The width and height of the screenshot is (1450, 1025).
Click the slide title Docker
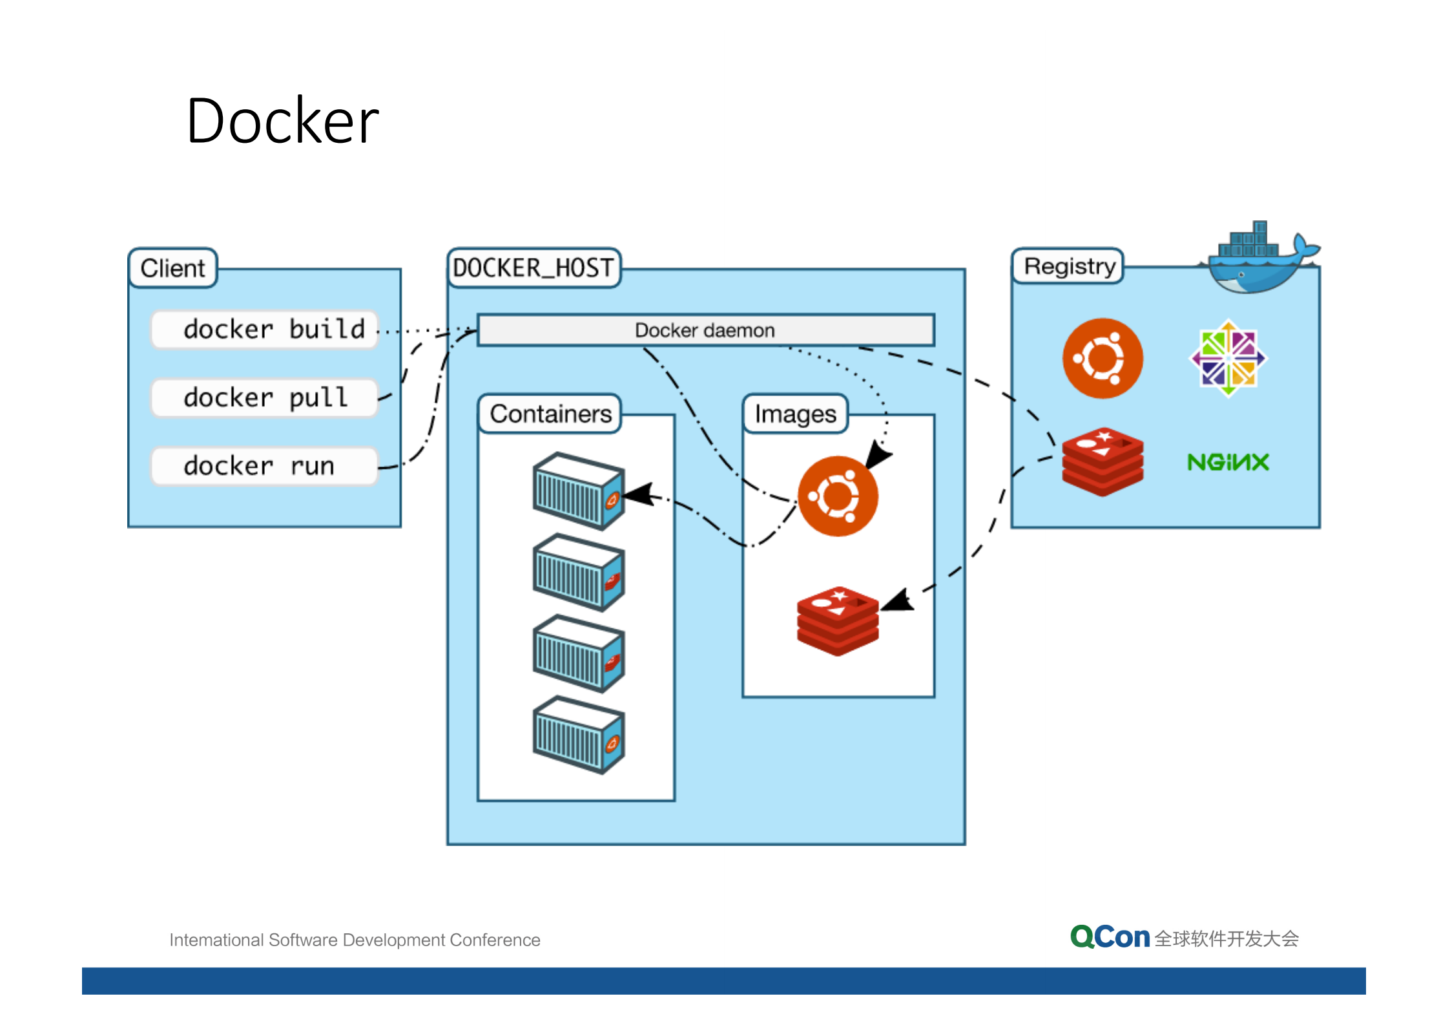coord(282,121)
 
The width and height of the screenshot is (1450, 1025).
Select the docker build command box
coord(264,330)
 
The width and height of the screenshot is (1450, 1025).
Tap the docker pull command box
coord(264,397)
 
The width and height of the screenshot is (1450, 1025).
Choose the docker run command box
coord(264,466)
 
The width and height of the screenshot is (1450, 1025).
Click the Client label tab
coord(172,268)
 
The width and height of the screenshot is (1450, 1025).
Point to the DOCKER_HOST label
coord(533,268)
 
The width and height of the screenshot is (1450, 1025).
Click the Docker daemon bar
coord(705,330)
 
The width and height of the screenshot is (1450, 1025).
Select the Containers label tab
coord(550,414)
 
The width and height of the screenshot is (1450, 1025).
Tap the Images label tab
coord(795,414)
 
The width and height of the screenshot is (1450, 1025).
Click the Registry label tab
coord(1069,266)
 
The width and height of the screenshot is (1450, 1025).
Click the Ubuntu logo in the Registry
coord(1103,358)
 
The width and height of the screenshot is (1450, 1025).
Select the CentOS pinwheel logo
coord(1228,358)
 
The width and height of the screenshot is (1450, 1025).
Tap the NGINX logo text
coord(1228,462)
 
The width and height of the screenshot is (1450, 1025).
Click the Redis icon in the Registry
coord(1103,461)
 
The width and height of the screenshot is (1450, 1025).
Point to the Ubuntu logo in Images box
coord(838,496)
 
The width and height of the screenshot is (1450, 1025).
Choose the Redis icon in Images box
coord(838,620)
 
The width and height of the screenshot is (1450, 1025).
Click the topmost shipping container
coord(578,491)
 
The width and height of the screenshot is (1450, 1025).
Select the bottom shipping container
coord(578,735)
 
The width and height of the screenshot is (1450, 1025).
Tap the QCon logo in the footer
coord(1110,937)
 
